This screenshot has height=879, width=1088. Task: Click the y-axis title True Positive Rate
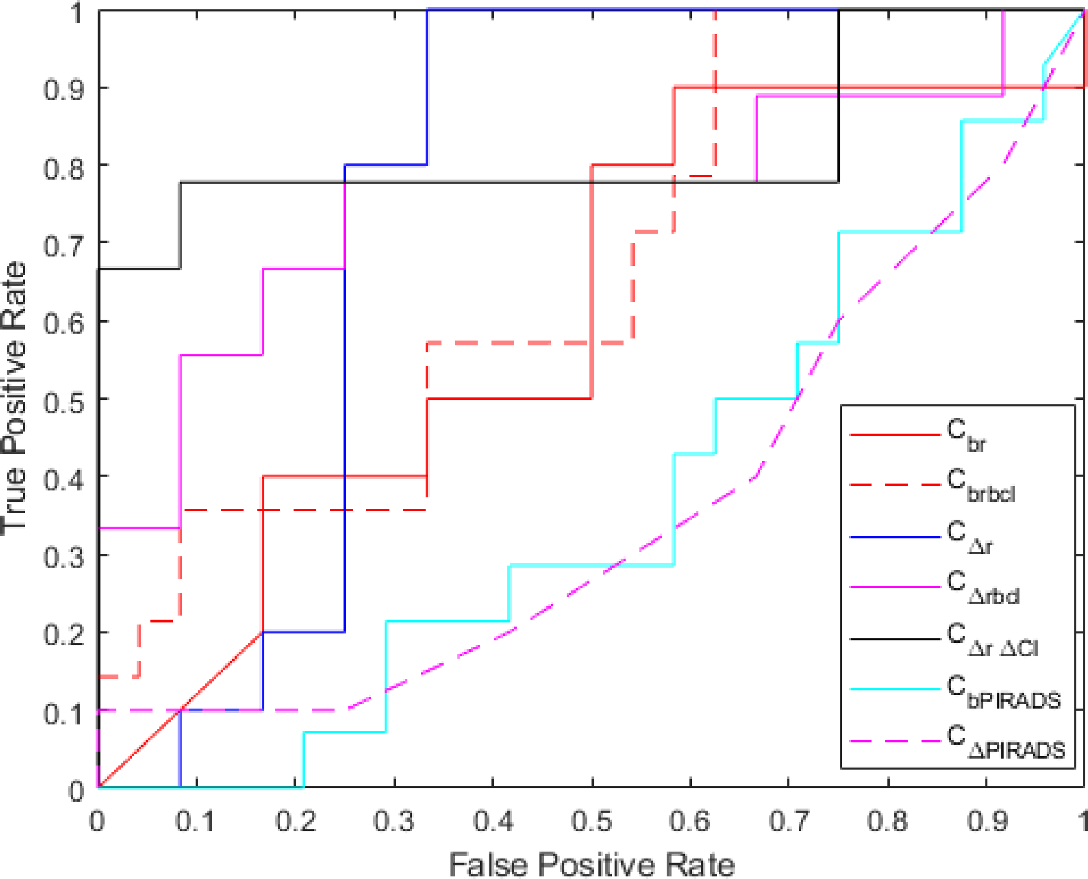point(14,399)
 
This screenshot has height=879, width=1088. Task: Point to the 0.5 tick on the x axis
point(592,820)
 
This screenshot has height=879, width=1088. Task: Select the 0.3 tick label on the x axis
point(394,820)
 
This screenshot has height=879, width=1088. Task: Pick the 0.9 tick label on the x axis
point(986,820)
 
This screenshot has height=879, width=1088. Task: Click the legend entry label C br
point(965,436)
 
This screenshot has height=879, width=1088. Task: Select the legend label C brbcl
point(981,486)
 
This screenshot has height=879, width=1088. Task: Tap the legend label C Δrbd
point(982,588)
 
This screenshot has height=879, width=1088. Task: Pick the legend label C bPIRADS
point(1003,691)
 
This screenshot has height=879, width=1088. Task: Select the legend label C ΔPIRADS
point(1005,742)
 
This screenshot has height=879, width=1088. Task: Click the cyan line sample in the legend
point(895,689)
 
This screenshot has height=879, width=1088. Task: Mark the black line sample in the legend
point(895,639)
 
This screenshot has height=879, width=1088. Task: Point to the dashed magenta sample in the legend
point(895,741)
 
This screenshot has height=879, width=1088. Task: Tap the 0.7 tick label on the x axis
point(789,820)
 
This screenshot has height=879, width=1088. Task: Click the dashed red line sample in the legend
point(895,485)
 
